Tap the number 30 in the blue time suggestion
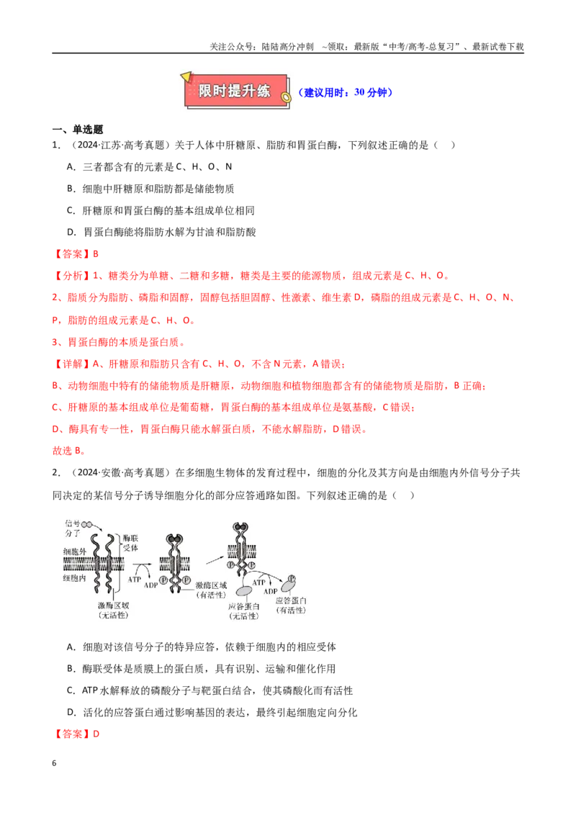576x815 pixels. [359, 93]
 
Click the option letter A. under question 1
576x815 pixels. [72, 167]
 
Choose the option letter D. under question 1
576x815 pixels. [72, 233]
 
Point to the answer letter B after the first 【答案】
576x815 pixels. [96, 254]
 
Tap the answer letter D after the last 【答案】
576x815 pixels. [96, 734]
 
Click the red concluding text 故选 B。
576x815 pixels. [69, 451]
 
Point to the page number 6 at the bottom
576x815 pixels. [54, 763]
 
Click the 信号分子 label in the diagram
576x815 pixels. [72, 528]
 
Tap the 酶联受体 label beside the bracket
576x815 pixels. [130, 543]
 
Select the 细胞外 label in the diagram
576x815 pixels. [74, 551]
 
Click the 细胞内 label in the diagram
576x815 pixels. [74, 578]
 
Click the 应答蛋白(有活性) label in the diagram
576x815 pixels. [291, 605]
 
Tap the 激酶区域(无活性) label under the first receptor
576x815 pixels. [113, 611]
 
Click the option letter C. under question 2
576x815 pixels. [72, 690]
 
